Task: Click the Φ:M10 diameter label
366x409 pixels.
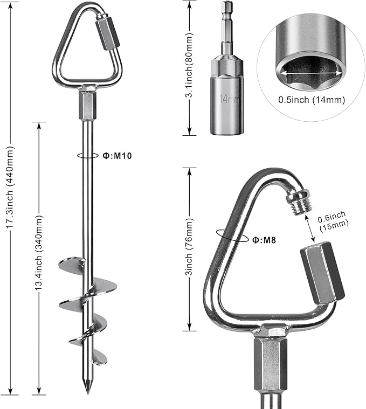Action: [x=117, y=156]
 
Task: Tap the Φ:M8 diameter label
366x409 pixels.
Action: [x=264, y=240]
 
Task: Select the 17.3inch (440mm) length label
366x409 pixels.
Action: [x=11, y=187]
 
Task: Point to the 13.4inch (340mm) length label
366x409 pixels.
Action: [x=39, y=253]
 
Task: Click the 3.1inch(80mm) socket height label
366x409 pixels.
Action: [x=189, y=66]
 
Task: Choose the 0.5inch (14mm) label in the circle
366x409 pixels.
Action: [x=312, y=100]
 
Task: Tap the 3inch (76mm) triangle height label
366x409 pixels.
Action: [x=189, y=247]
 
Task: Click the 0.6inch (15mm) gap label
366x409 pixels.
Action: [x=333, y=221]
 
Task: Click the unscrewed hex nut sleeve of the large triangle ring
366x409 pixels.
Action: [x=323, y=273]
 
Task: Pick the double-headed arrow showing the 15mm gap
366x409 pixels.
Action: [x=309, y=227]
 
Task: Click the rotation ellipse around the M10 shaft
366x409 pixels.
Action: [x=88, y=155]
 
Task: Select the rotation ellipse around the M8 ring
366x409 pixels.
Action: [x=232, y=236]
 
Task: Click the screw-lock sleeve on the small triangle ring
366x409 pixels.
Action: [x=108, y=33]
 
